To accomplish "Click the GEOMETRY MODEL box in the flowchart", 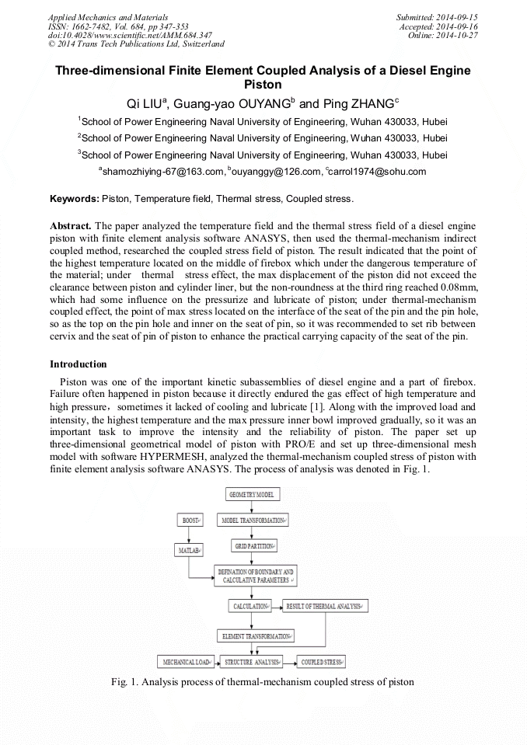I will click(x=252, y=494).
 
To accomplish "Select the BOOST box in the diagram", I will click(x=188, y=520).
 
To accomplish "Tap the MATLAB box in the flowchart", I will click(x=188, y=550).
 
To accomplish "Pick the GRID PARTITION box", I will click(x=252, y=547).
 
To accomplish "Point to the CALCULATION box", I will click(x=251, y=605).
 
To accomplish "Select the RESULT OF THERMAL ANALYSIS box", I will click(x=326, y=605).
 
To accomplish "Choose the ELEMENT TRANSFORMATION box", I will click(x=257, y=635).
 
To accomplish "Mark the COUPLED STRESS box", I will click(x=321, y=662).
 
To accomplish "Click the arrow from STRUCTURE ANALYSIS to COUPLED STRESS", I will click(x=288, y=662).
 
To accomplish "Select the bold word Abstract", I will click(x=71, y=225).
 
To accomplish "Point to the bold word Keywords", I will click(x=74, y=199).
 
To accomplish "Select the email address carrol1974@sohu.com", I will click(x=377, y=172).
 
